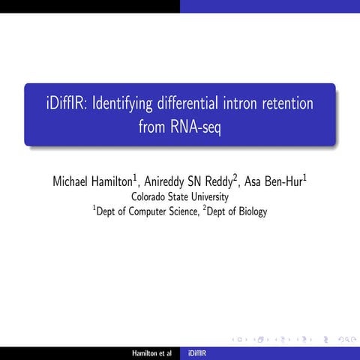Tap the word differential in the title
201,103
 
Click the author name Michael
75,181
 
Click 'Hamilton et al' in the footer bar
151,352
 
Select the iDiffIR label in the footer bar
199,352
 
